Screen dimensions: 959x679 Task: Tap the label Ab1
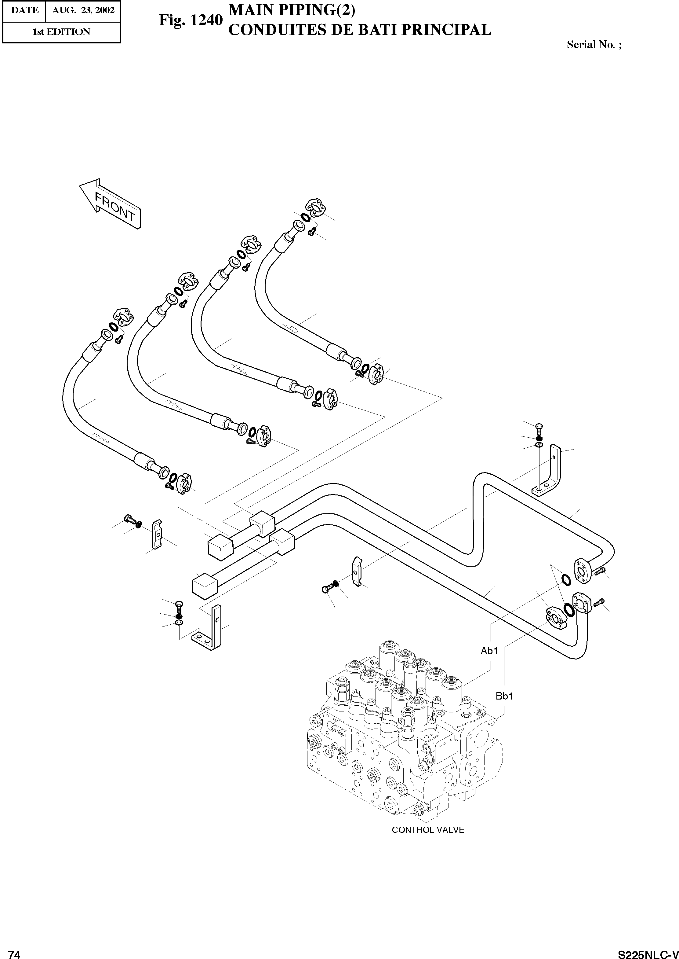point(489,651)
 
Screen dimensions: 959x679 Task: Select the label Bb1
point(504,696)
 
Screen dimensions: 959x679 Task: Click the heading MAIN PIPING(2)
point(292,10)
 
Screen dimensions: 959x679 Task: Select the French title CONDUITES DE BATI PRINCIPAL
point(359,30)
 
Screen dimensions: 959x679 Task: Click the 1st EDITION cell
point(61,32)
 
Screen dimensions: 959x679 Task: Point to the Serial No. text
point(594,45)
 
